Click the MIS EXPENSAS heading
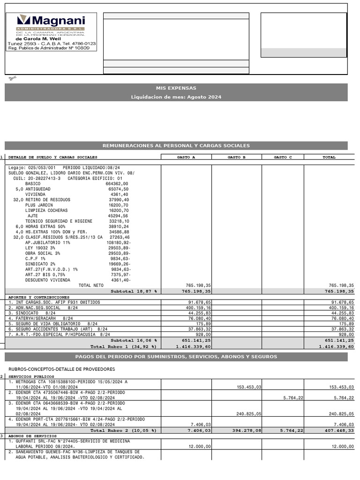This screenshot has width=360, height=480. (176, 88)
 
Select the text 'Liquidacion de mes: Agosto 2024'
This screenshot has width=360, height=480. (176, 97)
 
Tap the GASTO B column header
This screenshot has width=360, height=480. (237, 157)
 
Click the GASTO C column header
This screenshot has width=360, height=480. (283, 157)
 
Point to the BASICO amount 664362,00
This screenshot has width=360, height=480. (117, 184)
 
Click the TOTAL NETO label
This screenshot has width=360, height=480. (91, 285)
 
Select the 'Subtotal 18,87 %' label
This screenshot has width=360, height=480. (134, 291)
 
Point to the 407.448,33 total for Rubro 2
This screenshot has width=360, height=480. (337, 430)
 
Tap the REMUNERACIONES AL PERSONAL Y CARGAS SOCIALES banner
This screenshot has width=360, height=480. (176, 146)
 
